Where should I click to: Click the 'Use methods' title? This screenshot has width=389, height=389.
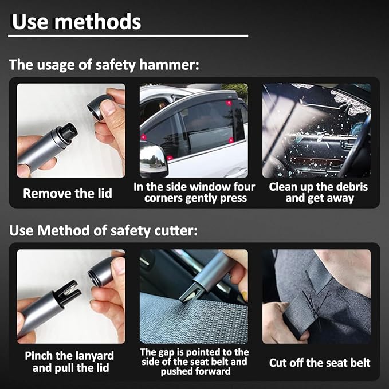point(76,22)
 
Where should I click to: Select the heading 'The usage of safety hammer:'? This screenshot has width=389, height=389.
point(104,65)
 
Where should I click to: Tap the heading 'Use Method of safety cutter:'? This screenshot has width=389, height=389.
point(104,230)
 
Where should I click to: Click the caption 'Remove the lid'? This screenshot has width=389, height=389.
point(68,193)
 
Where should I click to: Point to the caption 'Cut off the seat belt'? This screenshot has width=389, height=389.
point(320,363)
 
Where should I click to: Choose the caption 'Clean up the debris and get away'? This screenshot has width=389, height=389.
point(319,192)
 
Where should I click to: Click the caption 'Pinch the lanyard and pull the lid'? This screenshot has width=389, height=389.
point(69,362)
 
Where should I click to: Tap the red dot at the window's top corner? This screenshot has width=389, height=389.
point(229,103)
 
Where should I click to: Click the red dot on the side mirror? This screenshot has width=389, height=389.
point(170,158)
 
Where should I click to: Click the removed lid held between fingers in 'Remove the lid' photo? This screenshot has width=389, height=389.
point(99,107)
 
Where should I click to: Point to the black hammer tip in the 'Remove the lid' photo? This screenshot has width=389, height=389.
point(67,132)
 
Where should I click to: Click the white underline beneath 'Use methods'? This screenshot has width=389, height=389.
point(128,36)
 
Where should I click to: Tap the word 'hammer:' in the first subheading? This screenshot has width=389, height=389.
point(169,65)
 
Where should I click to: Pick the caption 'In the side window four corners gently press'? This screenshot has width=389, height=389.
point(194,192)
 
